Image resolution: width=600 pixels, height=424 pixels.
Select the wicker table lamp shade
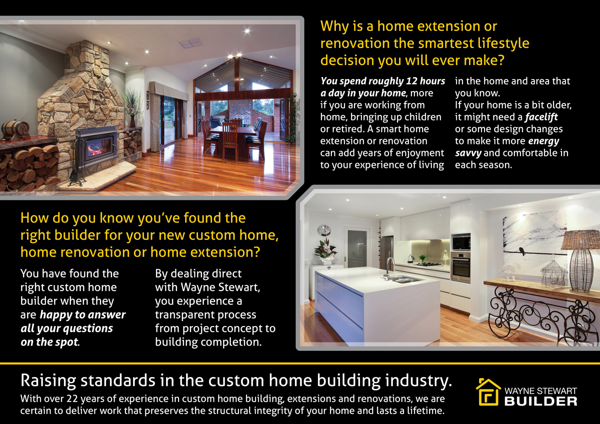tap(580, 240)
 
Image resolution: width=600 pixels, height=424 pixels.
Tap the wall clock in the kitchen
tap(324, 230)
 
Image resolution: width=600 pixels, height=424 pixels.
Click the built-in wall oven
tap(460, 267)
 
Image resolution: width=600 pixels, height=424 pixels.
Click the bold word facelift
tap(541, 117)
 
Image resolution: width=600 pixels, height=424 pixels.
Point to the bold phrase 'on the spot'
tap(49, 342)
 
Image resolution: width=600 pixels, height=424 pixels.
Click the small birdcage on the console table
tap(553, 272)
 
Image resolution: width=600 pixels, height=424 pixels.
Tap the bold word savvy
tap(467, 153)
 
